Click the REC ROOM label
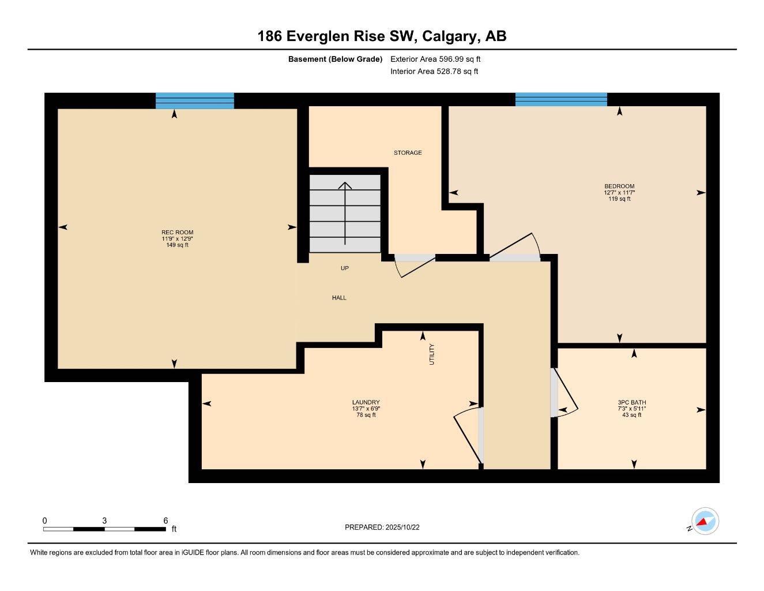[x=177, y=233]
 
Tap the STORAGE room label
[x=408, y=153]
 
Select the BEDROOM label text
[x=619, y=186]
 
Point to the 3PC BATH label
[x=631, y=403]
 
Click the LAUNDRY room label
[x=366, y=403]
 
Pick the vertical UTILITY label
[x=432, y=354]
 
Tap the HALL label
[x=339, y=298]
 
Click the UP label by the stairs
[x=345, y=268]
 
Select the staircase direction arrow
[x=345, y=214]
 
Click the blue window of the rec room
[x=195, y=100]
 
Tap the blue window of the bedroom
[x=561, y=99]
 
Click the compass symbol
[x=704, y=522]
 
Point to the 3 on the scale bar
[x=104, y=521]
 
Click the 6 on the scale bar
[x=165, y=521]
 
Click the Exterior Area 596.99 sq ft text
[x=435, y=59]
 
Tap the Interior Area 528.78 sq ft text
[x=434, y=72]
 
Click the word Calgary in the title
[x=449, y=36]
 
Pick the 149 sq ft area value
[x=177, y=245]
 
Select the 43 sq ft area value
[x=631, y=415]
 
